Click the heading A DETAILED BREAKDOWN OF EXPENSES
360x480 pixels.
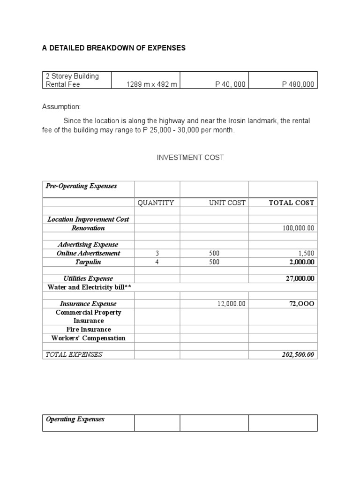click(114, 48)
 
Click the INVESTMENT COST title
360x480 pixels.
click(190, 157)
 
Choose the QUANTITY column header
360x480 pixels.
click(156, 203)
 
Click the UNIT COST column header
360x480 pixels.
click(227, 203)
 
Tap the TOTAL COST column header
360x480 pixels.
click(291, 203)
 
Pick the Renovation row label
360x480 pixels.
click(88, 228)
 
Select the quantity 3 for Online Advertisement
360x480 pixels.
click(157, 253)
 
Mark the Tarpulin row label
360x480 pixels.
click(88, 262)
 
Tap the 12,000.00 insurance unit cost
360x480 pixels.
click(231, 304)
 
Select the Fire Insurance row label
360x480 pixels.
click(88, 329)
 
